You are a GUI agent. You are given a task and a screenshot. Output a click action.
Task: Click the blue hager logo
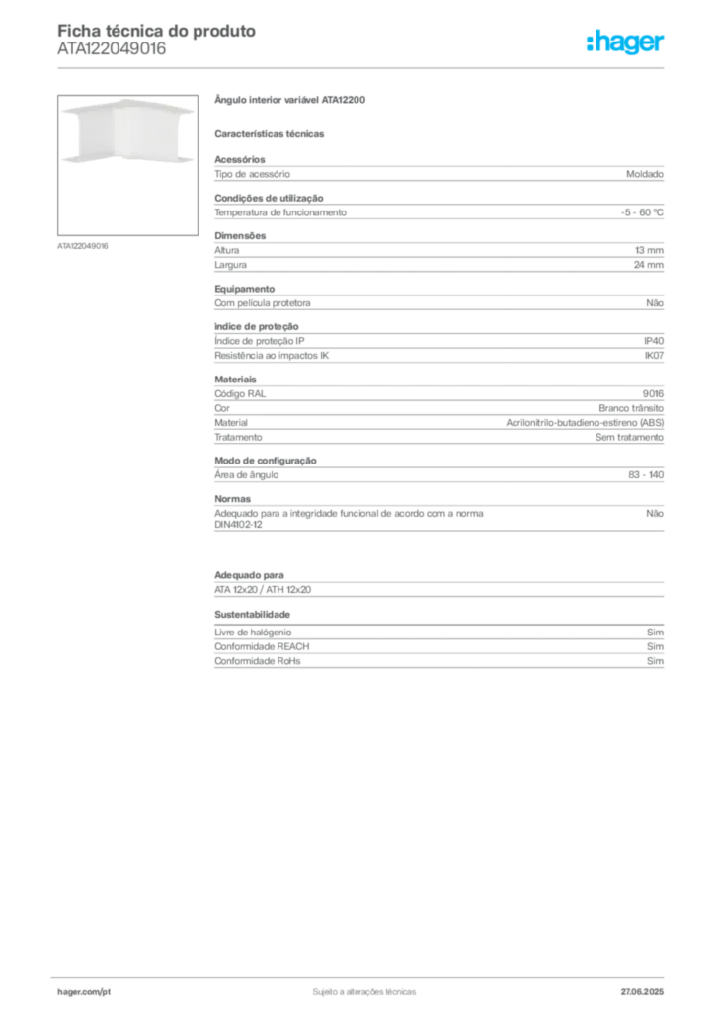coord(627,42)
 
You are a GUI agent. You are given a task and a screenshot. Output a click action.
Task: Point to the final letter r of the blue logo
coord(663,44)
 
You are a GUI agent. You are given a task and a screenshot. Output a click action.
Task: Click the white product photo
coord(123,130)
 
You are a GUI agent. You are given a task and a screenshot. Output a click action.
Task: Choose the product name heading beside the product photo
coord(291,99)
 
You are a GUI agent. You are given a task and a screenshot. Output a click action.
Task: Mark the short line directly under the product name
coord(272,133)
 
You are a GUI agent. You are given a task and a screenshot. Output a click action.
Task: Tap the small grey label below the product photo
coord(83,245)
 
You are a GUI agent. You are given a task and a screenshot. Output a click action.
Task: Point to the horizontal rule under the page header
coord(363,66)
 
